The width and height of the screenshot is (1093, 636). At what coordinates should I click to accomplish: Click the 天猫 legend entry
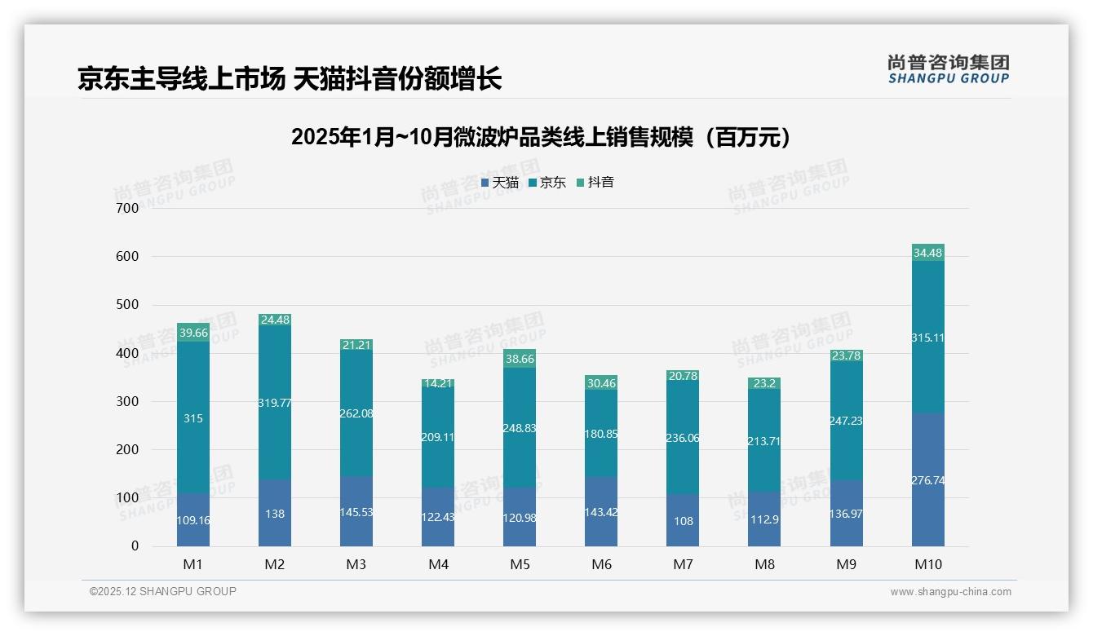499,183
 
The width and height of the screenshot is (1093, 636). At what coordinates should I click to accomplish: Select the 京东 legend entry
546,183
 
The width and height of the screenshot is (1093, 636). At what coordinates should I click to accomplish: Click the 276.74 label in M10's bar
928,481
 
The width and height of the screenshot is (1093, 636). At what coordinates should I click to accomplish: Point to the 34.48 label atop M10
928,253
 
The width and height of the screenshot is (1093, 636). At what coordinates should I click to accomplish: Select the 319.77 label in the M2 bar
275,403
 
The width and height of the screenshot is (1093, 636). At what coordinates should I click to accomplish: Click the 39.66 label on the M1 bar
193,333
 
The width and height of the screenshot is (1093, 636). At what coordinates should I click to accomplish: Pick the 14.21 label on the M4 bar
438,382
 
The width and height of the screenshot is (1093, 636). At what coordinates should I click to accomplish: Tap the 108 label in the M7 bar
684,521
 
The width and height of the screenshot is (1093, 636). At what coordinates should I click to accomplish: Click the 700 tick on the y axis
128,208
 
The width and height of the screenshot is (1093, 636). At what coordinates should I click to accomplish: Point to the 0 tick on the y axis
135,546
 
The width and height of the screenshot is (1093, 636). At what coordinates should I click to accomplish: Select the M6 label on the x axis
601,565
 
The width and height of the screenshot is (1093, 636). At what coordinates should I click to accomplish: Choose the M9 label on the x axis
846,565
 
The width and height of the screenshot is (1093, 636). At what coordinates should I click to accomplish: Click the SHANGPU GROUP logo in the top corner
948,70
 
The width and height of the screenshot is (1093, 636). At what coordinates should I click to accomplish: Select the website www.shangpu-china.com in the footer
950,592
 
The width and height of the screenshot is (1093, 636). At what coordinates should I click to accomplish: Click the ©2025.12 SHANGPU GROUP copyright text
163,591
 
